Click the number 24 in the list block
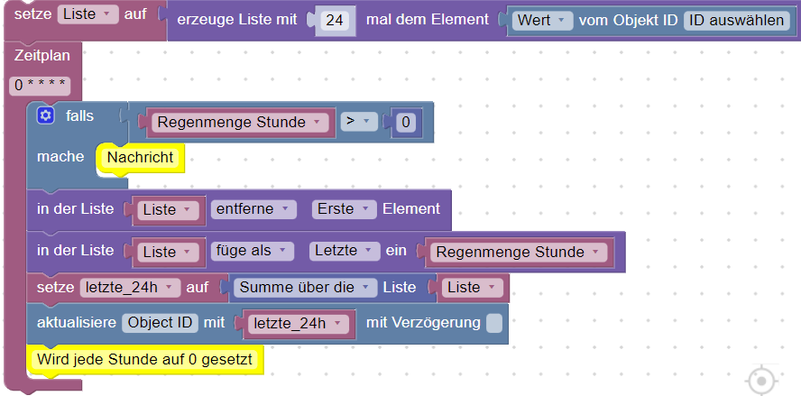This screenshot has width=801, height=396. pyautogui.click(x=335, y=21)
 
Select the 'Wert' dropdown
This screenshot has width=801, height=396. pyautogui.click(x=542, y=21)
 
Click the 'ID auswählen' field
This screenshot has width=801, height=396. pyautogui.click(x=736, y=21)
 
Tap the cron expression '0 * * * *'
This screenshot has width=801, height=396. pyautogui.click(x=40, y=86)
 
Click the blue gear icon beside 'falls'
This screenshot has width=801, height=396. pyautogui.click(x=45, y=116)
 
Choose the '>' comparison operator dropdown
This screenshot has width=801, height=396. pyautogui.click(x=359, y=122)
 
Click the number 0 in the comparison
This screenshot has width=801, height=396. pyautogui.click(x=406, y=123)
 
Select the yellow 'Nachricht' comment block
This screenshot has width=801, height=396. pyautogui.click(x=140, y=157)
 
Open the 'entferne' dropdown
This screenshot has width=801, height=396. pyautogui.click(x=253, y=209)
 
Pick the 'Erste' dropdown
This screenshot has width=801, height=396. pyautogui.click(x=342, y=209)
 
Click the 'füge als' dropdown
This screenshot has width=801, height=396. pyautogui.click(x=252, y=251)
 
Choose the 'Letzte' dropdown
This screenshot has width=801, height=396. pyautogui.click(x=345, y=251)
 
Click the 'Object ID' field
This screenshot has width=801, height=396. pyautogui.click(x=160, y=323)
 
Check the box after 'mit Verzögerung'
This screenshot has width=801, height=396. pyautogui.click(x=494, y=324)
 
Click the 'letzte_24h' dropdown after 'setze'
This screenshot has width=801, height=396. pyautogui.click(x=130, y=287)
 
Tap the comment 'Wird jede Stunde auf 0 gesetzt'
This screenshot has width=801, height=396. pyautogui.click(x=144, y=360)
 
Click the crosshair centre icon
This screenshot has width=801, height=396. pyautogui.click(x=761, y=381)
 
